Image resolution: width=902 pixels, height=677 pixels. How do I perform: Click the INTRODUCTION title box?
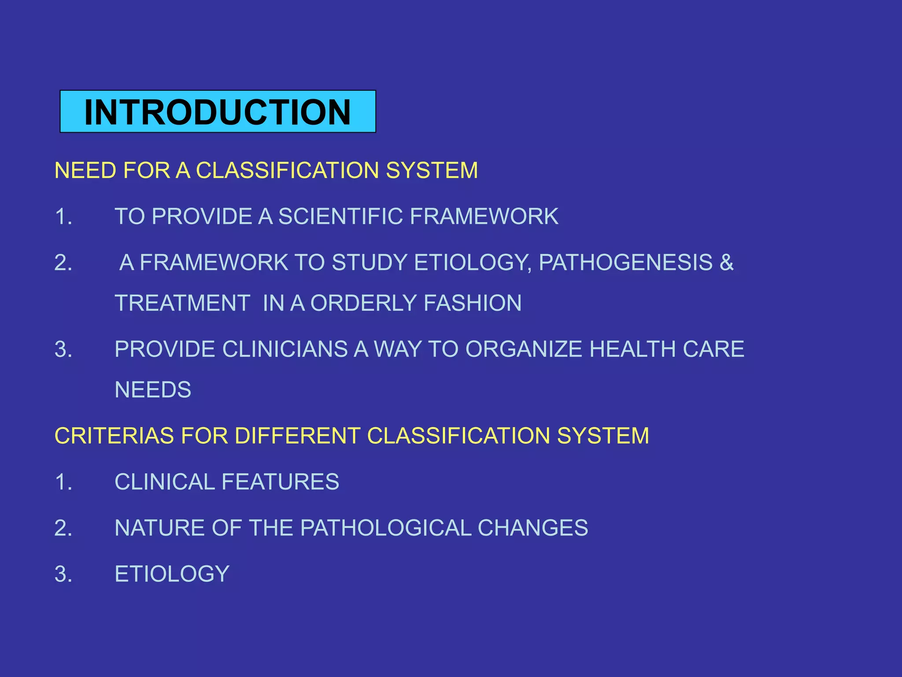(218, 112)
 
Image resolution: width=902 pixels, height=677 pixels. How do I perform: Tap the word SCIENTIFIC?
(340, 216)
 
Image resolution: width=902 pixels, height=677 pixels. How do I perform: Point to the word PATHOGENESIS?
(625, 263)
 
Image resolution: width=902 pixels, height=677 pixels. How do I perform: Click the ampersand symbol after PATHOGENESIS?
(726, 263)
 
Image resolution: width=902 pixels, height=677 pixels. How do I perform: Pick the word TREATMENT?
(182, 303)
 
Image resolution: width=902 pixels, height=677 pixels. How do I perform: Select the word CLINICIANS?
(285, 350)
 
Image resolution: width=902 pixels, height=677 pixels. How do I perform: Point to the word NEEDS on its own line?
(153, 390)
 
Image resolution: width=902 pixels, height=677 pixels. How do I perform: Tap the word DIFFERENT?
(297, 436)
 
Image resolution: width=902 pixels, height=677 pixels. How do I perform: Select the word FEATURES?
(280, 482)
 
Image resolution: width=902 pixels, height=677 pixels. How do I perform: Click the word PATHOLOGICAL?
(386, 528)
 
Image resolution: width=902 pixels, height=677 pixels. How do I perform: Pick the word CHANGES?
(532, 528)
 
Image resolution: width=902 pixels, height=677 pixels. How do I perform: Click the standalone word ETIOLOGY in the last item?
(172, 574)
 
